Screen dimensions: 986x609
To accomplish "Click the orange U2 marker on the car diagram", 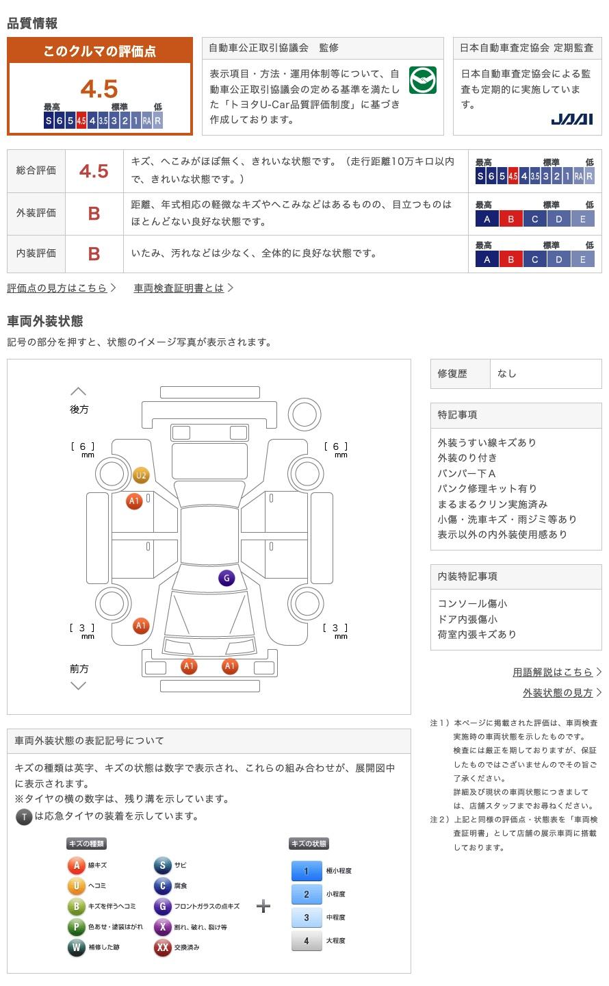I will pos(141,475).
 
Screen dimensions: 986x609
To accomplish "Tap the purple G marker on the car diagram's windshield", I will pos(226,578).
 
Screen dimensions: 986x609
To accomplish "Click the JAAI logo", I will pos(571,120).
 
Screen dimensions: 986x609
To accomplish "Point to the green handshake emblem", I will pos(422,80).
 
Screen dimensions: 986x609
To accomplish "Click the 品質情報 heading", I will pos(32,23).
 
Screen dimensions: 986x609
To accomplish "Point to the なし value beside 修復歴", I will pos(507,374).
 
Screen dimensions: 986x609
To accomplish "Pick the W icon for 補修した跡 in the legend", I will pos(76,948).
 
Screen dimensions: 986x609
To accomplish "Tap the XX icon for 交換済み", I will pos(162,948).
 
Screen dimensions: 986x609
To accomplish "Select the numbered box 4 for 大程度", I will pos(307,941).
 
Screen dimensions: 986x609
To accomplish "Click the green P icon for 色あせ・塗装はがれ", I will pos(76,927).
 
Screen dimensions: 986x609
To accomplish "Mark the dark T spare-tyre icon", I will pos(24,816).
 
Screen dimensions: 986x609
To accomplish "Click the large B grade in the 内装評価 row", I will pos(94,254).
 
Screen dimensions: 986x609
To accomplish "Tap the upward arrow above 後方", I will pos(79,392).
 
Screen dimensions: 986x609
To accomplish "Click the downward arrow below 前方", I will pos(79,685).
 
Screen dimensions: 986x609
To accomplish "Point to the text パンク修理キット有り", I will pos(487,489).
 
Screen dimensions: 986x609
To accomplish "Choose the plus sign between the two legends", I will pos(263,907).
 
